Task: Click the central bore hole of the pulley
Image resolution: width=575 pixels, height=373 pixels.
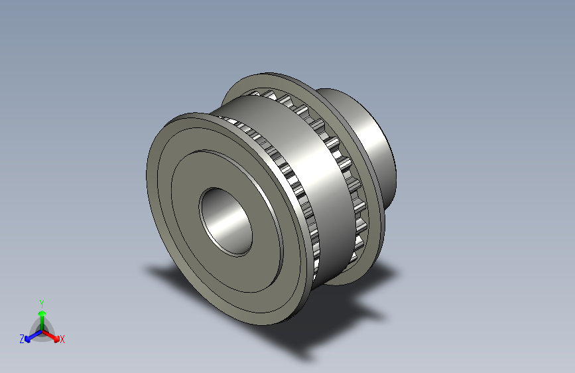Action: [227, 222]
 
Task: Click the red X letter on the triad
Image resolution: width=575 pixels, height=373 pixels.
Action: [62, 339]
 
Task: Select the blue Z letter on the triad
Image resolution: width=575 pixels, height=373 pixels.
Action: [22, 339]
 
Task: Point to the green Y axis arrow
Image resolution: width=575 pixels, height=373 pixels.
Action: [41, 317]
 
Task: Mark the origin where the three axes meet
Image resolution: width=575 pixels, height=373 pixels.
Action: [41, 331]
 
